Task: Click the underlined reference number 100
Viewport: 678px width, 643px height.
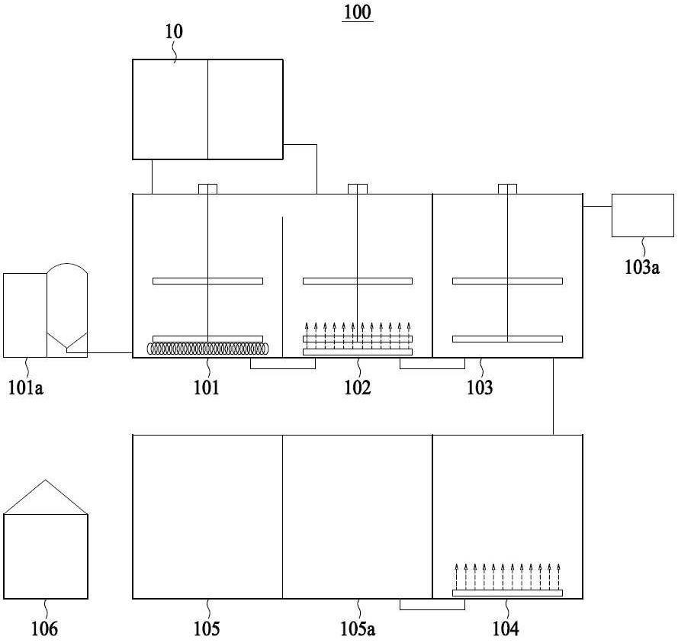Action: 358,12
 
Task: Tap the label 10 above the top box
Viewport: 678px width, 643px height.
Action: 174,31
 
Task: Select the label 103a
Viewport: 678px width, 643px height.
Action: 641,267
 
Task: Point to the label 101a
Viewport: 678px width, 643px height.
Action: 26,387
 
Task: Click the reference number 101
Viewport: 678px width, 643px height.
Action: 207,387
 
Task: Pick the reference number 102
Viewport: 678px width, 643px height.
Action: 357,387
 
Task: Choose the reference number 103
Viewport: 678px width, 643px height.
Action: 480,387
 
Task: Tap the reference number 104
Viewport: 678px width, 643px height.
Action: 506,629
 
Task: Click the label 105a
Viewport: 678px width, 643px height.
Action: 358,629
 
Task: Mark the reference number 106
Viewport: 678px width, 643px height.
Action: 44,629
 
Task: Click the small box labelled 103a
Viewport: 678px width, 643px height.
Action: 643,215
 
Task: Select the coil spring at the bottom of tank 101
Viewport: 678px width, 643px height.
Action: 208,349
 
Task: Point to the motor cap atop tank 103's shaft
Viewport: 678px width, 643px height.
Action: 507,189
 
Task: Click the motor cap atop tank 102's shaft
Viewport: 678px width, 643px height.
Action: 358,189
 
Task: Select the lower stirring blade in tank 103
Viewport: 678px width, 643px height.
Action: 507,339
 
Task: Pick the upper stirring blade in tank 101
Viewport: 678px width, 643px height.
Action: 207,281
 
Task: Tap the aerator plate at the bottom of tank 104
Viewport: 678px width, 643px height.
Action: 507,593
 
